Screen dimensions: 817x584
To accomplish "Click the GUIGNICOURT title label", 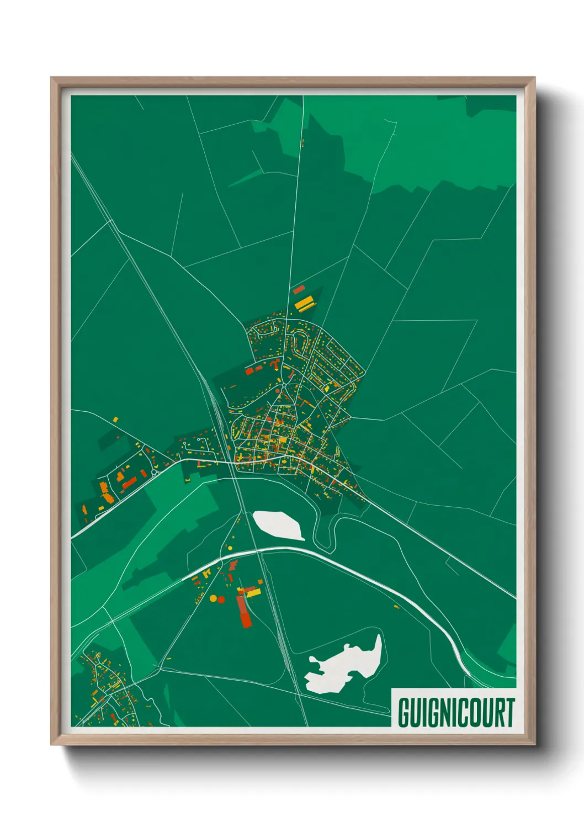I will [455, 712].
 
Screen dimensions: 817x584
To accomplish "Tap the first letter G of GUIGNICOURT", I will [404, 713].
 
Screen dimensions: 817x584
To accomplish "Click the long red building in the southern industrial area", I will [244, 611].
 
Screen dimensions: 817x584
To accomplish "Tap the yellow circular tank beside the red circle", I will [213, 598].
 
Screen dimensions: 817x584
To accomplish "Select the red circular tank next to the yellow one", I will [221, 600].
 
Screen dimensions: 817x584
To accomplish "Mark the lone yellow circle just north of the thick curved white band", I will [229, 548].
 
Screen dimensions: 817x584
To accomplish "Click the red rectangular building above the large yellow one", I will [299, 289].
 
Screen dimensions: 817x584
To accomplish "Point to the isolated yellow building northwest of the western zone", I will [116, 420].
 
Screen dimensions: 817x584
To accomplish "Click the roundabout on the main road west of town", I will [156, 473].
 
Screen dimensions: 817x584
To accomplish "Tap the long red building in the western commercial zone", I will [129, 484].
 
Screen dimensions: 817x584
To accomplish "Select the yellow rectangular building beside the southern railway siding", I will [253, 593].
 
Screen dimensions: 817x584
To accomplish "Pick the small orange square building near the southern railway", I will [260, 581].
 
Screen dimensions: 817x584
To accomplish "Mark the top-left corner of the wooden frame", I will [51, 78].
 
